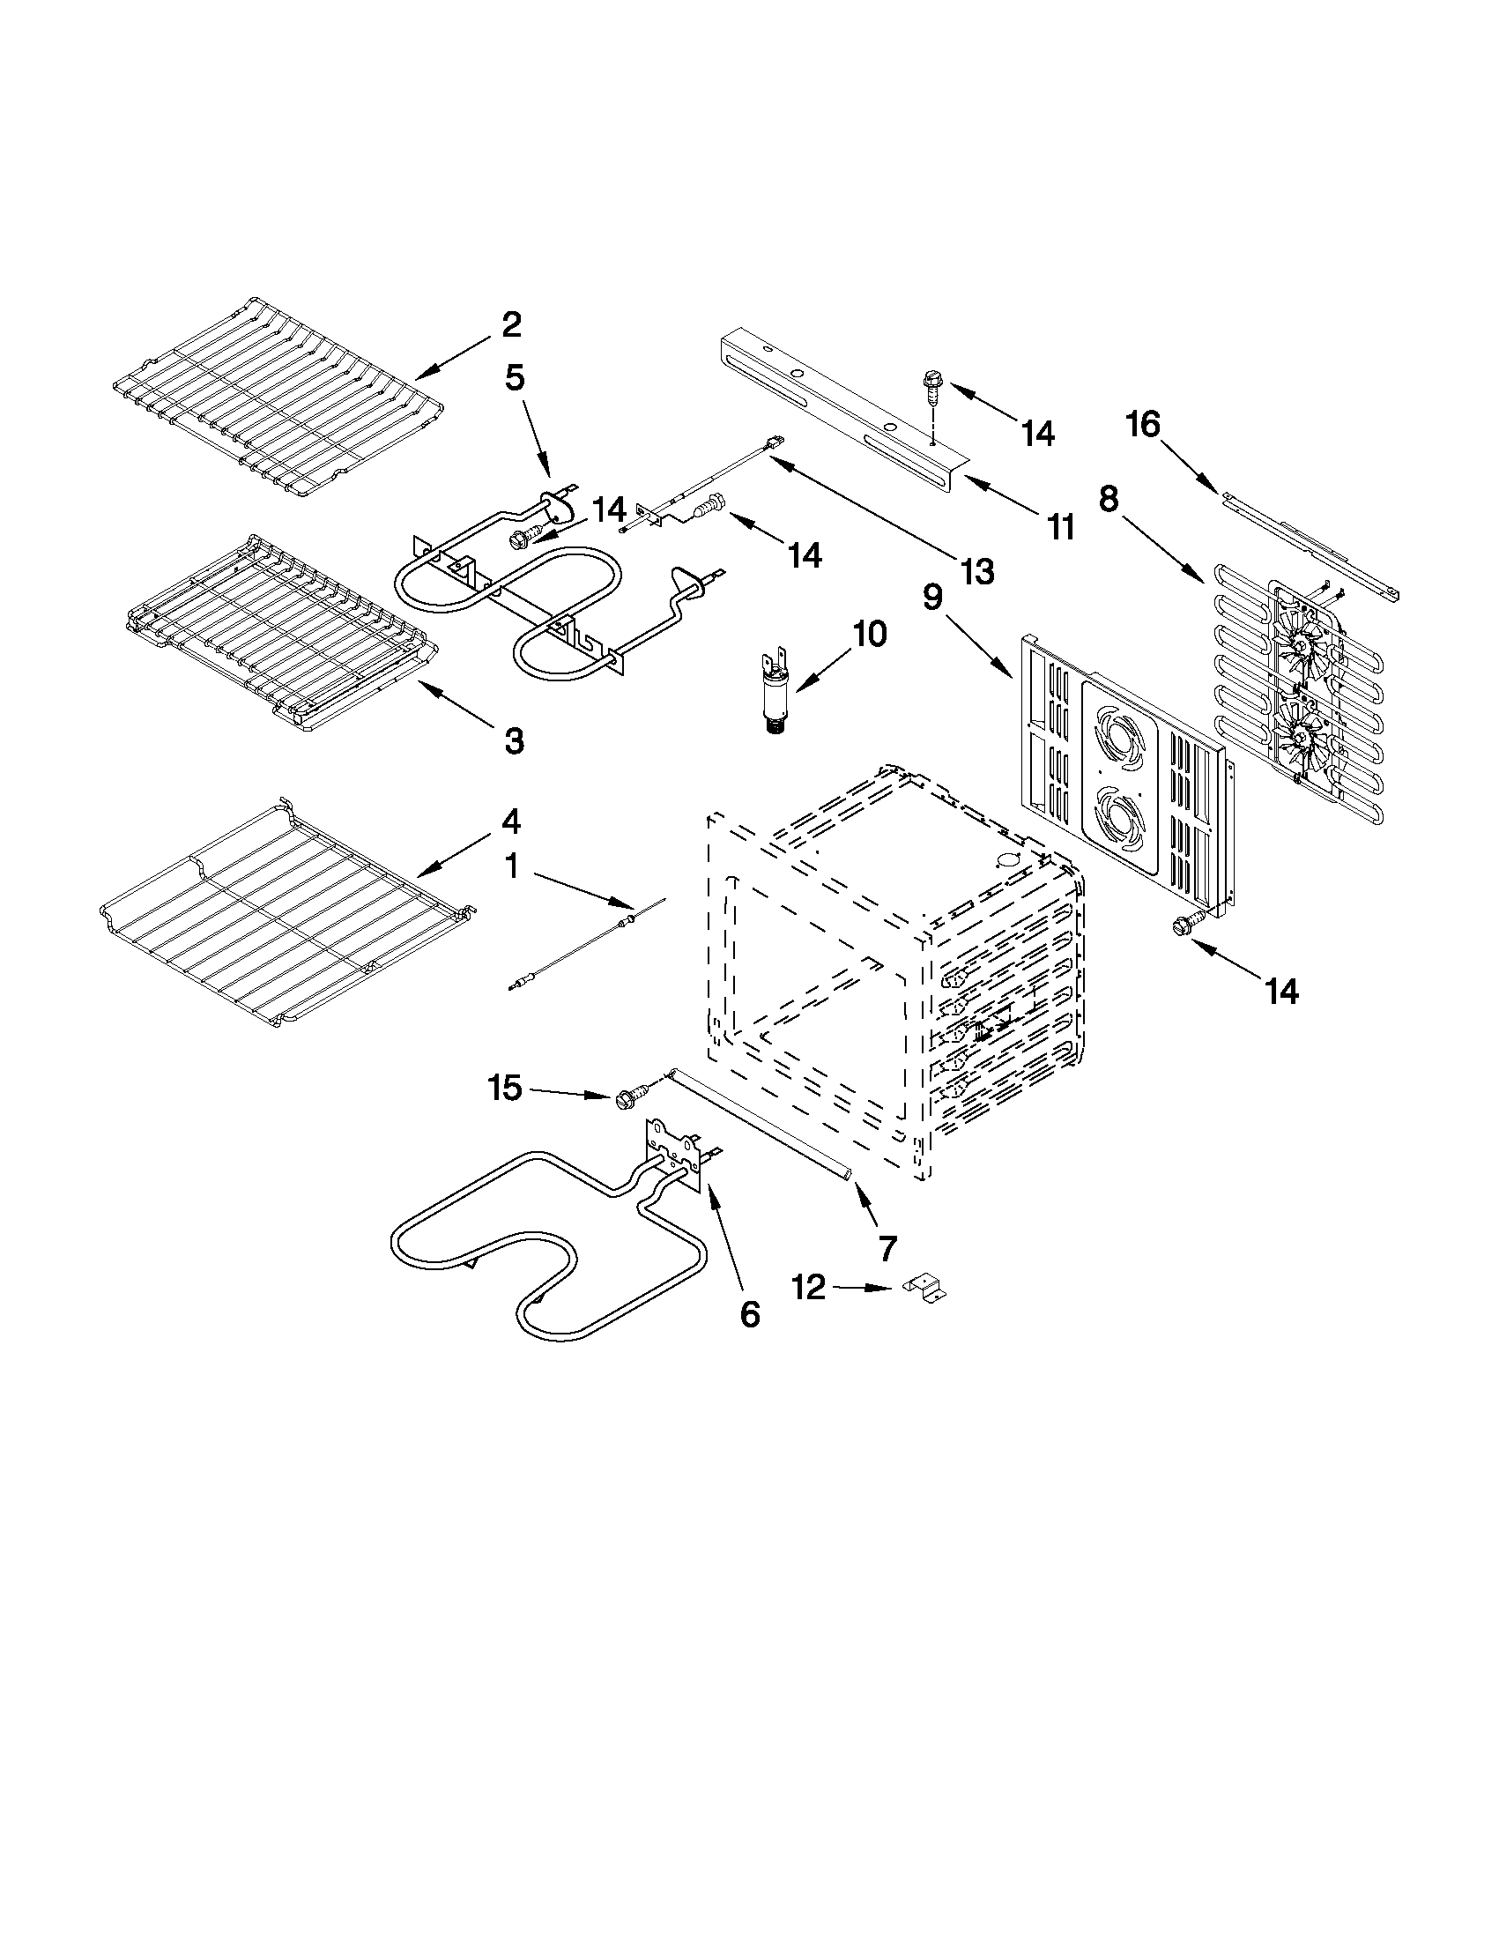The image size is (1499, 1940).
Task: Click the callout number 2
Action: (x=510, y=324)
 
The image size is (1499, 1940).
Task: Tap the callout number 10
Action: (x=870, y=635)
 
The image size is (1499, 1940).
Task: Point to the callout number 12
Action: (x=808, y=1287)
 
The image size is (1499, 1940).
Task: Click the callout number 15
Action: (x=505, y=1089)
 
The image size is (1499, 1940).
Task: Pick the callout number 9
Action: (x=931, y=598)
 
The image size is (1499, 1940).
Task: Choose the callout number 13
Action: (x=976, y=572)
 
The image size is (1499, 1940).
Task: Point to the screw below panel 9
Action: (x=1187, y=925)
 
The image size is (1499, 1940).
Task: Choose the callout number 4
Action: (x=510, y=821)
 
